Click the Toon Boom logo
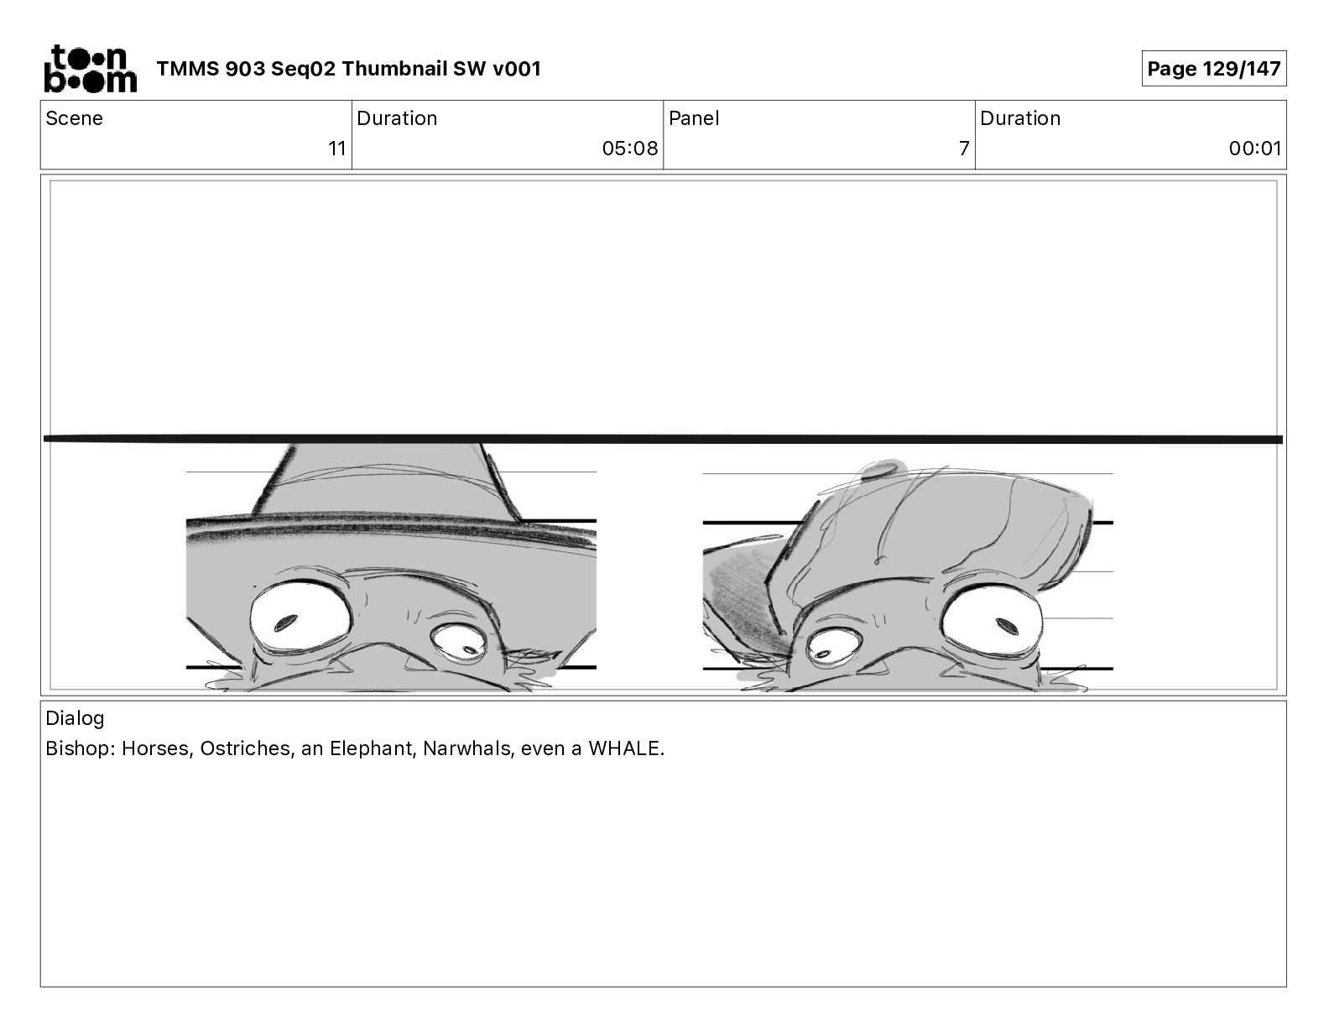[x=91, y=69]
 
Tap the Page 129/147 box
[x=1213, y=69]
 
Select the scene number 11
[x=337, y=149]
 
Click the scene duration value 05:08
[x=629, y=149]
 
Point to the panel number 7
[x=964, y=149]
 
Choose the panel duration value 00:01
[x=1255, y=149]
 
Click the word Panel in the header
[x=694, y=118]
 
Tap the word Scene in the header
[x=74, y=118]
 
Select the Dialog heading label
[x=75, y=717]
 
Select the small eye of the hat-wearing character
[x=459, y=645]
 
